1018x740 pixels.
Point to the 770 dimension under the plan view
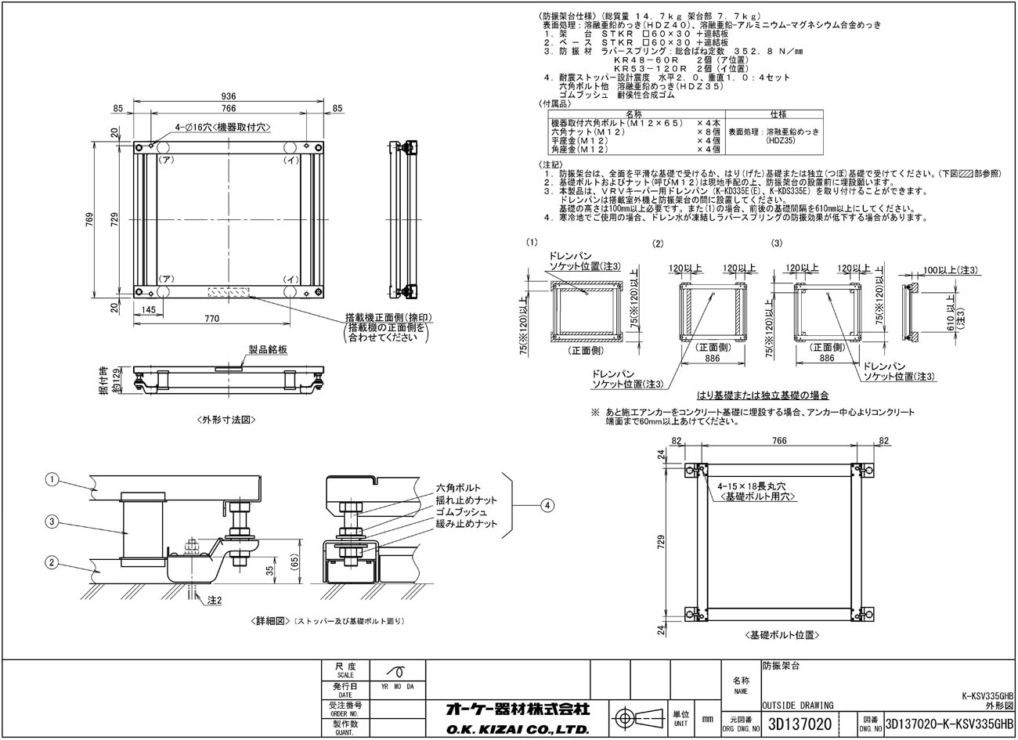point(210,319)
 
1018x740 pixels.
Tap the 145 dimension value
point(149,310)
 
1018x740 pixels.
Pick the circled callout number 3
point(52,521)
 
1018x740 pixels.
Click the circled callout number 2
point(52,561)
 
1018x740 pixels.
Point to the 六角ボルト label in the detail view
point(458,488)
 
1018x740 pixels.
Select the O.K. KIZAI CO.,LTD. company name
point(517,729)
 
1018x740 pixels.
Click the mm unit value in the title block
point(707,719)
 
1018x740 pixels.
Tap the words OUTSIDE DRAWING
point(797,705)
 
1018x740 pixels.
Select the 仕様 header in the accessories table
point(775,114)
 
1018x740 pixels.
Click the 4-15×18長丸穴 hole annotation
point(752,487)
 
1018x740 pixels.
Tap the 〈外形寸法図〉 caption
point(228,420)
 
